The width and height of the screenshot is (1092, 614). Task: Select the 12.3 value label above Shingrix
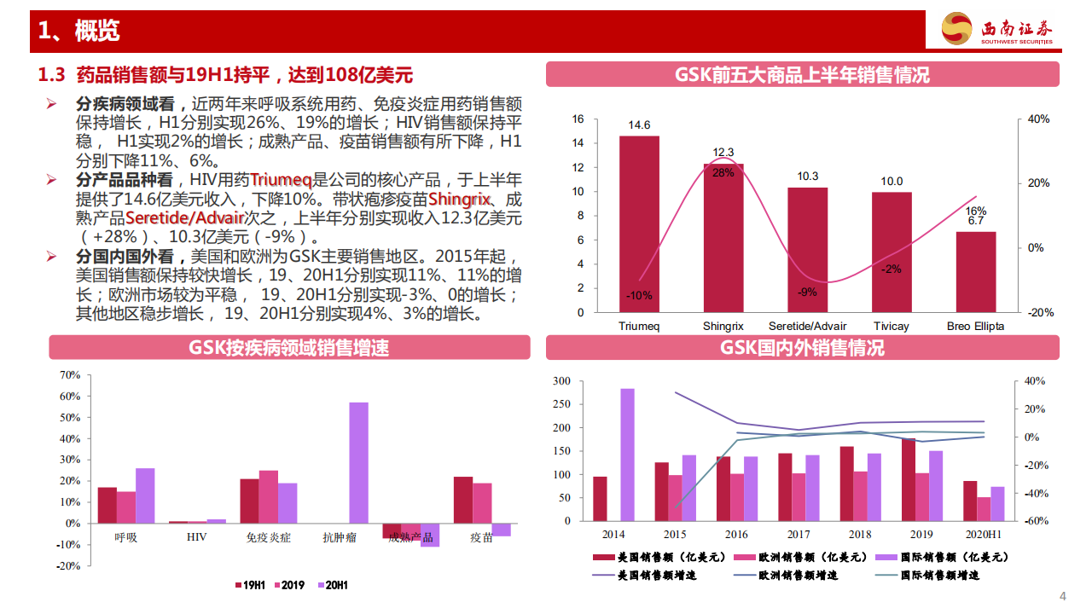(x=723, y=152)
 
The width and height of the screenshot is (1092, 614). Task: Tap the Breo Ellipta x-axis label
(x=975, y=326)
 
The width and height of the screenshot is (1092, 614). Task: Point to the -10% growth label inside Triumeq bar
(x=638, y=296)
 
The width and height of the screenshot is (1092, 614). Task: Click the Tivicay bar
(x=891, y=252)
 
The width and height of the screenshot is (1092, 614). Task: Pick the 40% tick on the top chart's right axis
(x=1037, y=119)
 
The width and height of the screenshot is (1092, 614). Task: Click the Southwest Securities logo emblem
(x=955, y=30)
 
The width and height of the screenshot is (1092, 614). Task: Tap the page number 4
(x=1062, y=595)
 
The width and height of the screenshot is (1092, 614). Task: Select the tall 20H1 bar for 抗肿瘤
(x=358, y=462)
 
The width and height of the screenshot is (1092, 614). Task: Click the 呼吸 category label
(x=126, y=538)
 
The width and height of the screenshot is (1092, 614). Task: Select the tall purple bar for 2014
(x=627, y=455)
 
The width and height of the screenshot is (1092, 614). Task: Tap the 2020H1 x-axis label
(x=983, y=535)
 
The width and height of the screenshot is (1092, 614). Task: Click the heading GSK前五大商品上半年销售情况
(x=802, y=75)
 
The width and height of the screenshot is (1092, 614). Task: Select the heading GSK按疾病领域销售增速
(x=289, y=348)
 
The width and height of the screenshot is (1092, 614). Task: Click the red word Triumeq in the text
(x=281, y=180)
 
